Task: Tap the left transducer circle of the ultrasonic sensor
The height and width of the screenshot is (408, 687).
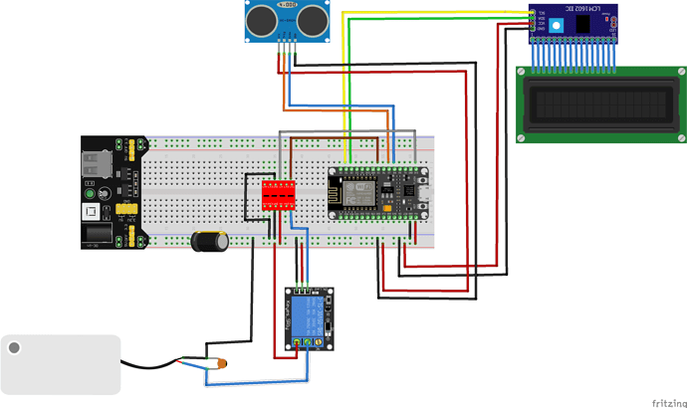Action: tap(260, 19)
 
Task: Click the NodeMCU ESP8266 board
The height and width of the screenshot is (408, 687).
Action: tap(379, 191)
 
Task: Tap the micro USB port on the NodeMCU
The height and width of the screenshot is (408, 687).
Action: tap(424, 191)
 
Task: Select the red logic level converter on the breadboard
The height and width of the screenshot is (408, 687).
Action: tap(279, 195)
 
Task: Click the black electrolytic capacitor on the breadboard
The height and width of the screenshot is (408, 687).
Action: tap(210, 241)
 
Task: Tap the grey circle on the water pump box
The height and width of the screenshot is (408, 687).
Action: tap(14, 347)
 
